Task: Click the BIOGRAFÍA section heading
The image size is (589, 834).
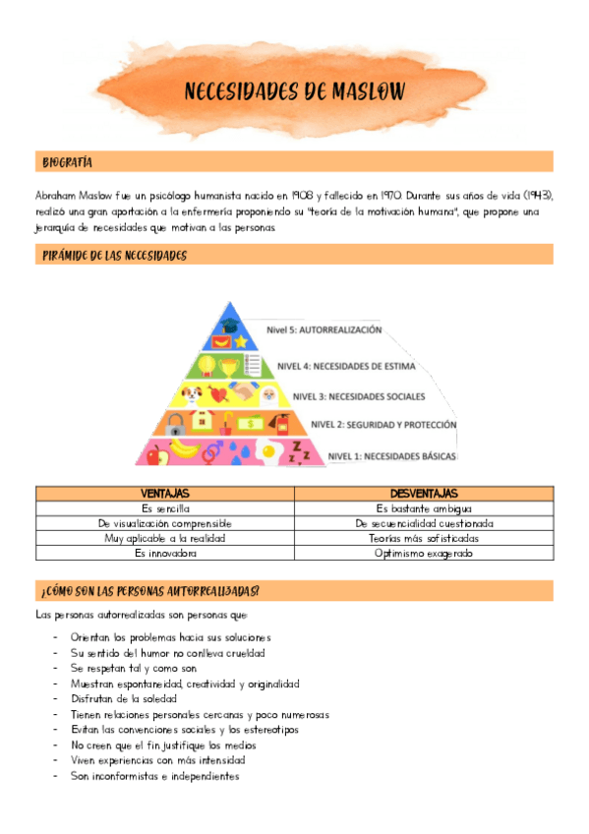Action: [x=68, y=161]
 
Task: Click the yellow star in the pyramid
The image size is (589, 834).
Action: [x=240, y=342]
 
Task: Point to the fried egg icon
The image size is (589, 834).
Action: [x=271, y=454]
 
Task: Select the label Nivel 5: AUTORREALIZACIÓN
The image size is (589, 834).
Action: [x=324, y=330]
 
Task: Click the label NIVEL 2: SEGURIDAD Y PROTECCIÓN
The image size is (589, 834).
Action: [x=384, y=425]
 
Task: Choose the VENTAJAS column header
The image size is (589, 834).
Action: [x=165, y=493]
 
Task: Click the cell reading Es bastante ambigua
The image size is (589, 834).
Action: [x=424, y=508]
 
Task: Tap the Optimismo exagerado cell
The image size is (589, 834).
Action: [x=424, y=554]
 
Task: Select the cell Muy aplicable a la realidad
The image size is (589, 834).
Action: [x=165, y=539]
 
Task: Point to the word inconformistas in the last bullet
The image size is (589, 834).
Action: [x=136, y=776]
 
